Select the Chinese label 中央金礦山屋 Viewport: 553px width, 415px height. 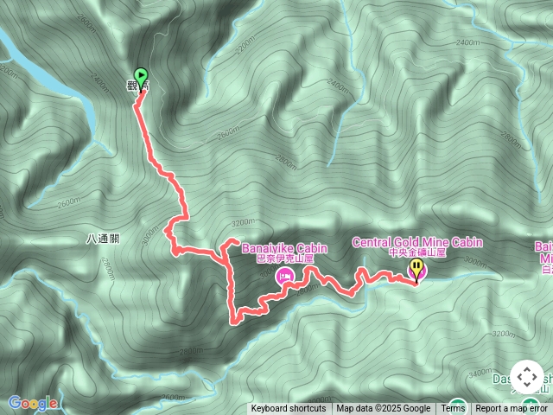(417, 252)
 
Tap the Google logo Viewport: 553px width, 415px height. (33, 403)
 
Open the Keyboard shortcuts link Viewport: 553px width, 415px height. (289, 409)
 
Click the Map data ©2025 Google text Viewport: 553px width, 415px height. (383, 409)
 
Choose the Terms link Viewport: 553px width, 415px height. (453, 409)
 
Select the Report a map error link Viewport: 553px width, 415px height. (512, 409)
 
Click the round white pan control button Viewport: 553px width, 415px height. (527, 377)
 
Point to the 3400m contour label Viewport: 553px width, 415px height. (479, 373)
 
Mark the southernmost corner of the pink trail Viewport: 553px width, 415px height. (233, 322)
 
